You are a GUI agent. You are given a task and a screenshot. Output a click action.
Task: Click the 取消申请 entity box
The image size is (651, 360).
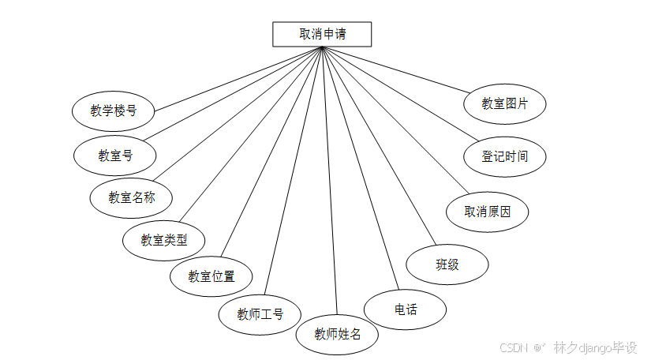click(x=322, y=35)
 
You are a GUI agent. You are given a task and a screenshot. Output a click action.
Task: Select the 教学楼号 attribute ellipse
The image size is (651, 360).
click(x=113, y=111)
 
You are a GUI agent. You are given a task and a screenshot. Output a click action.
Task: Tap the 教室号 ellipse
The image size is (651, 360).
click(x=115, y=156)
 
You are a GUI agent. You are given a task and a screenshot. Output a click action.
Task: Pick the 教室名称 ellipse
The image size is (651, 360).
click(x=131, y=197)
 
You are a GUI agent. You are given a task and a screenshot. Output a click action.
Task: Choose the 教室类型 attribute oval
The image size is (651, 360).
click(x=164, y=240)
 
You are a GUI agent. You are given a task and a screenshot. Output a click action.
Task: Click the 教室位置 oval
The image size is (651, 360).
click(x=211, y=277)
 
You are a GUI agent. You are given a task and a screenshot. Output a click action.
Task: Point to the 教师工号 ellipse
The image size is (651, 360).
click(x=260, y=314)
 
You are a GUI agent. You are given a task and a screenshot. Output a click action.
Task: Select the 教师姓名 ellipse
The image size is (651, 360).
click(x=338, y=333)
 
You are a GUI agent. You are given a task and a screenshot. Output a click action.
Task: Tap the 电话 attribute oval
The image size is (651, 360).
click(x=406, y=309)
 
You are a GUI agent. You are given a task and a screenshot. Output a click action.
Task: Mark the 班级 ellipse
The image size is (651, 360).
click(x=447, y=264)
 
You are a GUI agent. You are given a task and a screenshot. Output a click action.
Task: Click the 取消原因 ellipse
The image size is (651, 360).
click(x=487, y=212)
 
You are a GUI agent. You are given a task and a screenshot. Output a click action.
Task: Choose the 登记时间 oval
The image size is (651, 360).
click(x=505, y=156)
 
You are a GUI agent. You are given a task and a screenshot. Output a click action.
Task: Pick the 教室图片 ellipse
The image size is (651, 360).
click(x=505, y=103)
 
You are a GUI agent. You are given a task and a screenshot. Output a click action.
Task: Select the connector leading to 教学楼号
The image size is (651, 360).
click(x=237, y=78)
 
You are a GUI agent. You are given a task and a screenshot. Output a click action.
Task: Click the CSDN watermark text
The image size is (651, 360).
click(x=513, y=347)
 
